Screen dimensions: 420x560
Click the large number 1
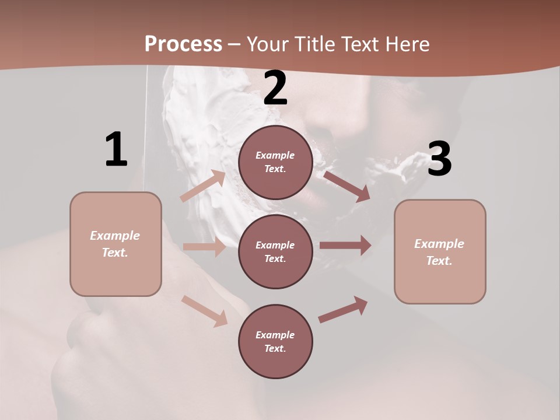click(116, 150)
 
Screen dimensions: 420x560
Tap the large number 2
click(275, 88)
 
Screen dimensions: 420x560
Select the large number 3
click(439, 159)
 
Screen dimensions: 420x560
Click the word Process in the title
click(183, 44)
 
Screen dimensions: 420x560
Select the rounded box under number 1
click(116, 244)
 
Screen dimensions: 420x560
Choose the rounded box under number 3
click(440, 251)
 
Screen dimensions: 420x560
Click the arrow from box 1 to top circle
click(202, 185)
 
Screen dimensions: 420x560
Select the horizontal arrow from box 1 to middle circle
click(204, 247)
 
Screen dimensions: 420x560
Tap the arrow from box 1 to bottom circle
click(204, 310)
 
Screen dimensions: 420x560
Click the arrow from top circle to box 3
click(346, 185)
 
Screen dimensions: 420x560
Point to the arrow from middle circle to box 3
click(345, 246)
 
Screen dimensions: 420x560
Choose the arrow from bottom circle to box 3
click(343, 309)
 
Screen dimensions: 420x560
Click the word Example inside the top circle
click(275, 155)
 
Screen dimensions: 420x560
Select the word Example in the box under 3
click(439, 244)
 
